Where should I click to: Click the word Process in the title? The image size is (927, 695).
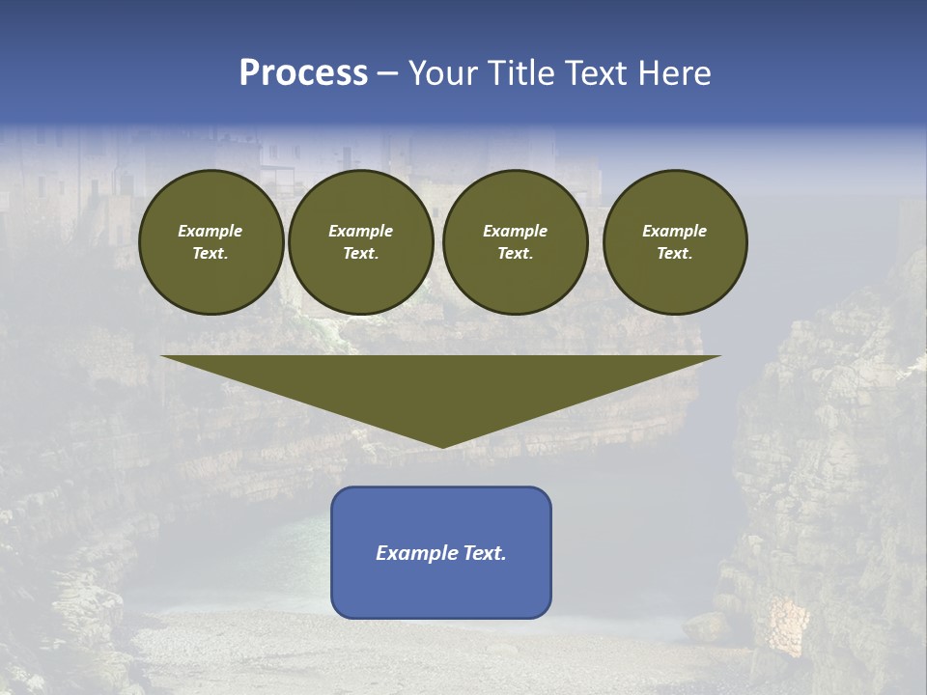coord(303,73)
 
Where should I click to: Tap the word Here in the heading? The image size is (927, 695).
coord(675,73)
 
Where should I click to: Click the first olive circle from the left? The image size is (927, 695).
coord(211,242)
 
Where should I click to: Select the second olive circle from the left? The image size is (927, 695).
coord(360,242)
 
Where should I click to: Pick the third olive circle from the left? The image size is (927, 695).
coord(515,242)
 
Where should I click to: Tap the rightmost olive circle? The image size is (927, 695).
coord(674,242)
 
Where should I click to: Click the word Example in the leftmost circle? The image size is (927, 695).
coord(211,232)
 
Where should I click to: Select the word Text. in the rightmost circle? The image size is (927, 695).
coord(674,254)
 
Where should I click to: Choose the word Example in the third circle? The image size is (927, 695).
coord(515,232)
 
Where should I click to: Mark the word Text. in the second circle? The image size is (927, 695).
coord(360,254)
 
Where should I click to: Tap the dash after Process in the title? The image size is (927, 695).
coord(387,73)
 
